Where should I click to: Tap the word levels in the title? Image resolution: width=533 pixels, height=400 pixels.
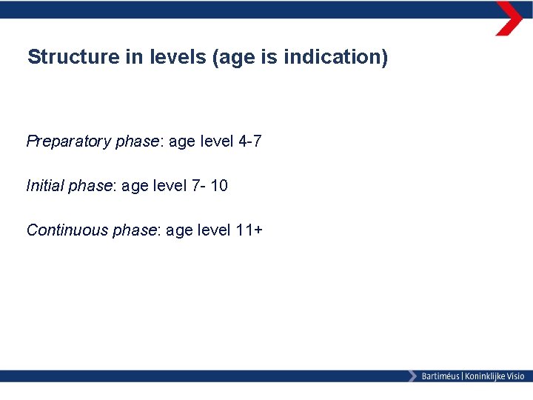pyautogui.click(x=169, y=57)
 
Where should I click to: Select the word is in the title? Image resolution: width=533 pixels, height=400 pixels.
pyautogui.click(x=268, y=57)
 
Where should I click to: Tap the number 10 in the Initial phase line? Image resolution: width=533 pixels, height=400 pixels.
pyautogui.click(x=218, y=186)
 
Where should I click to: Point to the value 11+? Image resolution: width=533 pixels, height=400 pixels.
pyautogui.click(x=248, y=230)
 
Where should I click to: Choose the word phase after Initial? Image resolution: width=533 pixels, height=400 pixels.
pyautogui.click(x=90, y=186)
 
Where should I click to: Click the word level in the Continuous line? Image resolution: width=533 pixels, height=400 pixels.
pyautogui.click(x=214, y=230)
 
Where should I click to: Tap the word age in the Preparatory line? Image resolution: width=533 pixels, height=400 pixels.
pyautogui.click(x=182, y=141)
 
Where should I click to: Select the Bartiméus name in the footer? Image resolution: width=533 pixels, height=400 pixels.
pyautogui.click(x=440, y=376)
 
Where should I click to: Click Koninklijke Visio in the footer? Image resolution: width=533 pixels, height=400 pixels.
pyautogui.click(x=494, y=376)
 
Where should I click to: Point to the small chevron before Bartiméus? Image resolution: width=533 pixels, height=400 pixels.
pyautogui.click(x=412, y=376)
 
